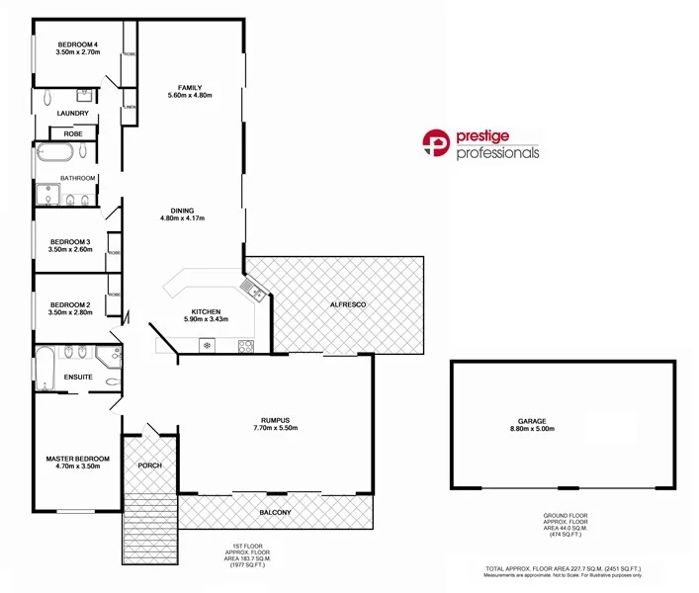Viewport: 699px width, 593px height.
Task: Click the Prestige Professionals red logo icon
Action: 436,144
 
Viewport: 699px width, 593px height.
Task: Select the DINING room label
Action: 182,211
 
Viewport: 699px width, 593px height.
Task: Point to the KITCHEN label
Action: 206,311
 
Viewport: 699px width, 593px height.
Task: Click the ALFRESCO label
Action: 348,305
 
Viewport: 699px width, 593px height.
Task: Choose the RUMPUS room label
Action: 275,420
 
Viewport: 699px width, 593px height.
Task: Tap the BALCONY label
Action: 276,512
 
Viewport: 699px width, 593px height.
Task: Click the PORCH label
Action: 149,466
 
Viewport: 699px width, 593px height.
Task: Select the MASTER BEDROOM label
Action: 78,460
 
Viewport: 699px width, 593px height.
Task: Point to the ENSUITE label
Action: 78,378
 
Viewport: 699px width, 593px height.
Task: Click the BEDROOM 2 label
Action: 70,304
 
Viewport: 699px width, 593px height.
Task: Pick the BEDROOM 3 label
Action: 70,242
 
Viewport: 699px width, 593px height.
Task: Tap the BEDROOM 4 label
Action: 77,44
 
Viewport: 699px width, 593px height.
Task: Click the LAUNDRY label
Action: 73,113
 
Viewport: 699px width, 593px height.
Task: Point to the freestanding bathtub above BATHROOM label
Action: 54,153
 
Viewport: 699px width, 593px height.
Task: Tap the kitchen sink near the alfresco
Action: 256,291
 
